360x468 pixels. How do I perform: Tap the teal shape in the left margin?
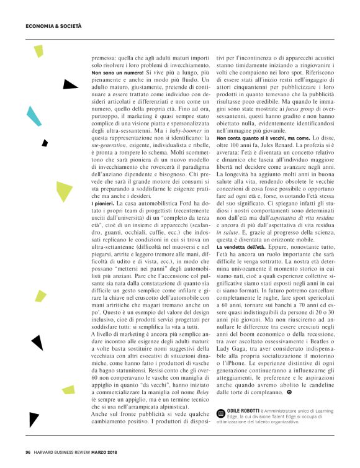point(30,114)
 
